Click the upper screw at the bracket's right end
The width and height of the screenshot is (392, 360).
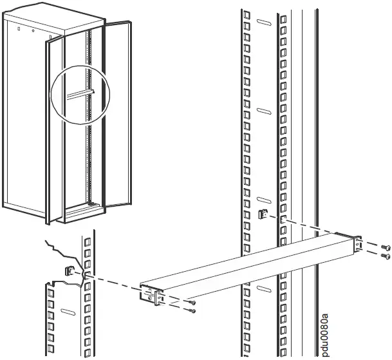click(x=386, y=247)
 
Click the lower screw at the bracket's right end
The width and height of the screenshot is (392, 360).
click(x=386, y=256)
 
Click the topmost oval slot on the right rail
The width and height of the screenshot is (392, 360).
click(x=263, y=23)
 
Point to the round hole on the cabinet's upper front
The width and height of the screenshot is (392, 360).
click(x=33, y=29)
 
